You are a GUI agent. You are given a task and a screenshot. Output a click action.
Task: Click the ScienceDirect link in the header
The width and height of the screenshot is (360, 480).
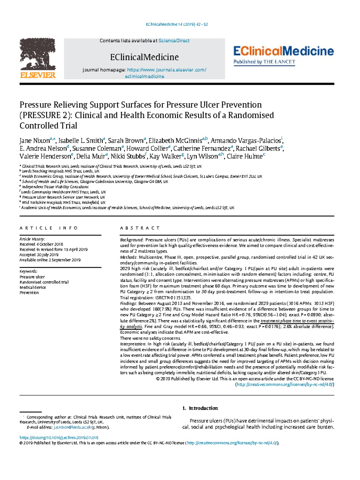click(x=174, y=41)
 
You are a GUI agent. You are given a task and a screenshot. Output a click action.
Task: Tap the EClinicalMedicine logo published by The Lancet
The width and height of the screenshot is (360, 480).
click(x=283, y=56)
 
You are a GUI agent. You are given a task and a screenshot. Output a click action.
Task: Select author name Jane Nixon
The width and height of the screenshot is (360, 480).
click(x=34, y=141)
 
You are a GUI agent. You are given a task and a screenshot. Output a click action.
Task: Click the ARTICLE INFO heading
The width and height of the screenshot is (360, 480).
click(x=49, y=228)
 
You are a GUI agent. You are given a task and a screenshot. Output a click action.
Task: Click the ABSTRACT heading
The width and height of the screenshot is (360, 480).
click(x=140, y=228)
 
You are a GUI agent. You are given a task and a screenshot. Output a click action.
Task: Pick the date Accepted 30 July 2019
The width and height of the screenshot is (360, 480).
click(x=39, y=255)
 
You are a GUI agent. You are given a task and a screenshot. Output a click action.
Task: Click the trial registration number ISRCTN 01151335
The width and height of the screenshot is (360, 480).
click(x=173, y=298)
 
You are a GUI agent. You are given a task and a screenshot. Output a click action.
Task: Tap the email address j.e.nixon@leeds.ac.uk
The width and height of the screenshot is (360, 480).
click(x=72, y=427)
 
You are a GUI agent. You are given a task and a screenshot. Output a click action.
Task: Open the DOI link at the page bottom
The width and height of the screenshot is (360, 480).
click(x=59, y=438)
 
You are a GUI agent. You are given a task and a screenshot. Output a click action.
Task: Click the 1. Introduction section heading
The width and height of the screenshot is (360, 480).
click(x=200, y=408)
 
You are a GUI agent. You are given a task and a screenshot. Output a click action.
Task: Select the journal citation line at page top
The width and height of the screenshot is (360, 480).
click(x=177, y=24)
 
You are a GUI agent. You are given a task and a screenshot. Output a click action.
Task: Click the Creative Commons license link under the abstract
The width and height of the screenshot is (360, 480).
click(x=285, y=385)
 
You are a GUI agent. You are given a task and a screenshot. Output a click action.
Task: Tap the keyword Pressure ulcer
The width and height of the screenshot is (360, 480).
click(x=32, y=277)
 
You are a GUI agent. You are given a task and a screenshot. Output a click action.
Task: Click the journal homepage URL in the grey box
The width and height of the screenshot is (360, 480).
click(x=166, y=70)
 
